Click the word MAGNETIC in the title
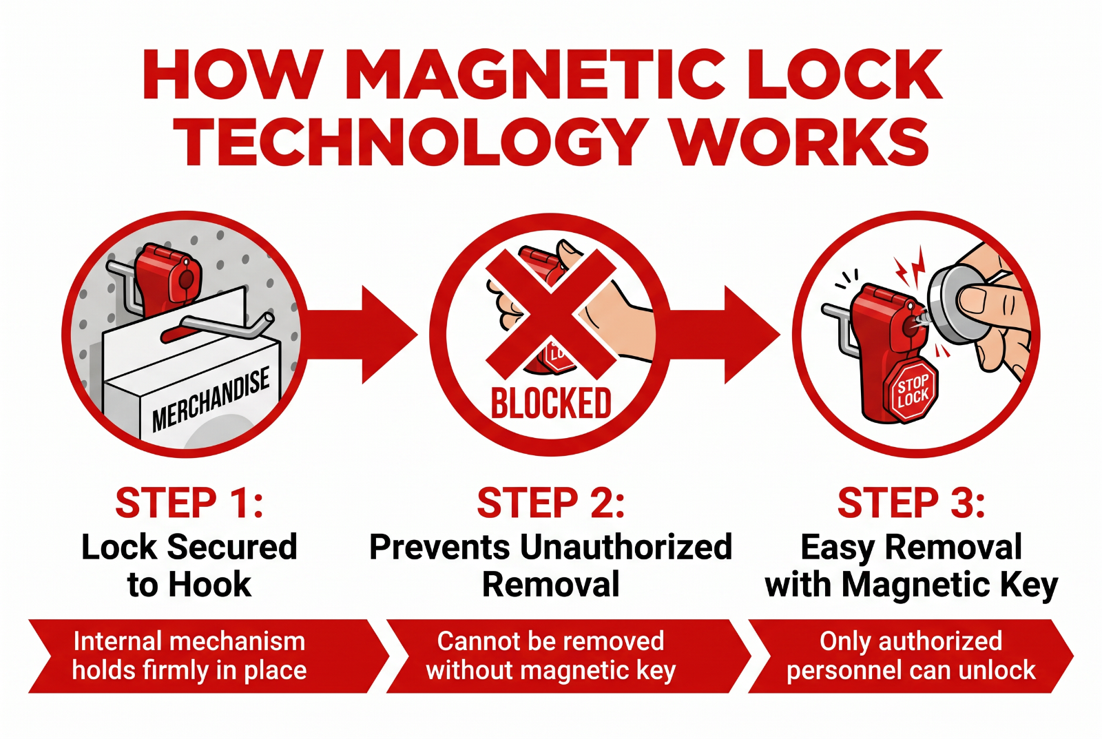click(x=537, y=74)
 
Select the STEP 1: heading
click(x=189, y=502)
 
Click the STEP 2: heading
click(x=550, y=502)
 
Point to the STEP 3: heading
click(x=911, y=502)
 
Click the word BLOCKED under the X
click(x=551, y=403)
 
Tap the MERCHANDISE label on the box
click(x=211, y=399)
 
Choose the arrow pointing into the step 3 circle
click(x=724, y=335)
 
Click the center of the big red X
click(x=551, y=314)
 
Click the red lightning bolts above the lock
click(x=911, y=268)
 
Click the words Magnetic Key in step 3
click(x=950, y=585)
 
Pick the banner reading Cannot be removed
click(x=569, y=656)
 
